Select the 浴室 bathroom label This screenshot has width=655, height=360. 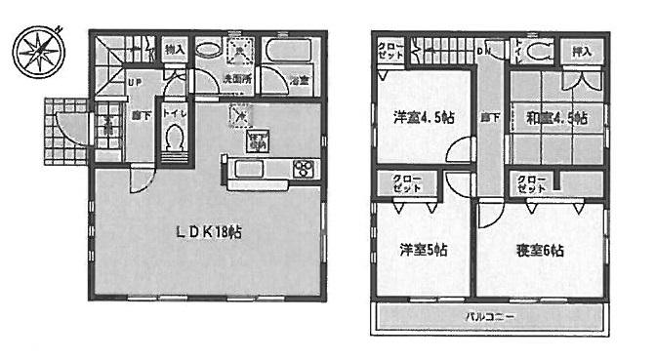click(x=299, y=82)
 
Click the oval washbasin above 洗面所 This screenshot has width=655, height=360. click(x=207, y=50)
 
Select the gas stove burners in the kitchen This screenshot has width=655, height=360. click(x=303, y=169)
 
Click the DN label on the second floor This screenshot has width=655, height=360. click(x=483, y=50)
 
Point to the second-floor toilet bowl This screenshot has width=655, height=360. click(x=537, y=50)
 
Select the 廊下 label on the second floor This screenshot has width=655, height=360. click(x=485, y=118)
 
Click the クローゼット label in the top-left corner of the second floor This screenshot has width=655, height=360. click(x=388, y=51)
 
